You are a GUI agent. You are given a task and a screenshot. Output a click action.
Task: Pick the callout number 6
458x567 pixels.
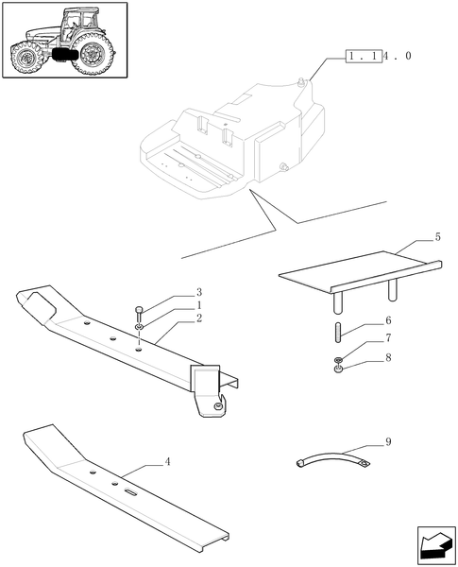point(388,321)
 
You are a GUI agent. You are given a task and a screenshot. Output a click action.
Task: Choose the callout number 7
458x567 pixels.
point(388,338)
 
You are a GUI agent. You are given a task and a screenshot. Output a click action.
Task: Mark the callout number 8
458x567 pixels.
point(388,357)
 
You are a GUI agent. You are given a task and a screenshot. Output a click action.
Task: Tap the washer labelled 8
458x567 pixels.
point(337,368)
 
